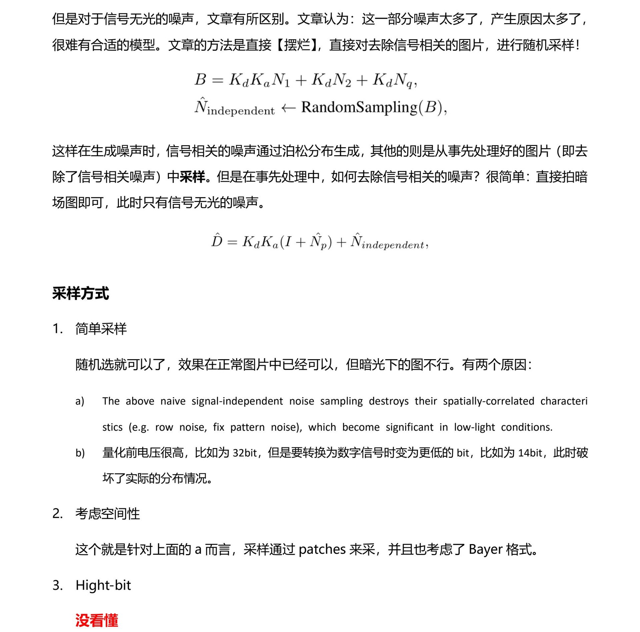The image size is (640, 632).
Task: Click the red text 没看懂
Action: pos(97,620)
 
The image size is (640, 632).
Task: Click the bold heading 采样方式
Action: pos(81,294)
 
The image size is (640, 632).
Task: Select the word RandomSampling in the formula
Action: pos(359,107)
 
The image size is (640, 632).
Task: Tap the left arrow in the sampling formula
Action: pos(288,108)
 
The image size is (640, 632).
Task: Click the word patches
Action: pos(322,549)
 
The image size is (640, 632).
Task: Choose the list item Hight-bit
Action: pos(103,585)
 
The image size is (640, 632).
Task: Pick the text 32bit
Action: pos(245,453)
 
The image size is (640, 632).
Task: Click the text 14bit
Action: pos(530,453)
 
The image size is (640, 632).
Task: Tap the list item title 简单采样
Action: pos(101,329)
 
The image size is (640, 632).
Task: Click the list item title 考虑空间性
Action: pos(107,513)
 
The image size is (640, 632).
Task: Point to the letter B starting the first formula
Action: pos(200,80)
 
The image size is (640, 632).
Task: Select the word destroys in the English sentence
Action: pos(389,401)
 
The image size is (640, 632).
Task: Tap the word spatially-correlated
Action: pos(489,401)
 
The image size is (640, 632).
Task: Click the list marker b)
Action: pos(80,453)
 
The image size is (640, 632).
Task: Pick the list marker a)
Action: pos(80,401)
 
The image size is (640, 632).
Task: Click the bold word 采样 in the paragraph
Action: pos(192,177)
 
